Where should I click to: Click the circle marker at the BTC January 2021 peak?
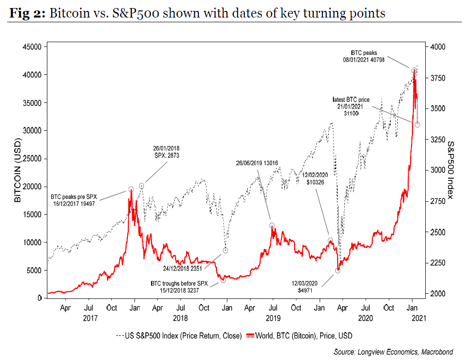click(414, 70)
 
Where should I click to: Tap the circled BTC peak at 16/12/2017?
click(131, 189)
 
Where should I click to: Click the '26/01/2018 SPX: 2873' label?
click(166, 152)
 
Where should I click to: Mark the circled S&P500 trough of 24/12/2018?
click(226, 250)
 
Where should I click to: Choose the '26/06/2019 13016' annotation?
click(257, 164)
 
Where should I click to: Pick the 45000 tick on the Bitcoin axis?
click(31, 46)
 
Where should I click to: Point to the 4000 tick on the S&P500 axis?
click(438, 46)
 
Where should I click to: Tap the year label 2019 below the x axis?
click(272, 317)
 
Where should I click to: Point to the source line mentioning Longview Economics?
click(393, 351)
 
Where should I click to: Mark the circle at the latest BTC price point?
click(417, 125)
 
